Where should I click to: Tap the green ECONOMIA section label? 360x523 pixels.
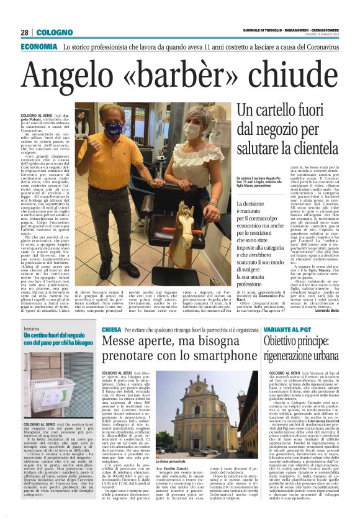pos(39,47)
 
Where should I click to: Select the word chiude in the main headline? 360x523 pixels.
pos(291,79)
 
